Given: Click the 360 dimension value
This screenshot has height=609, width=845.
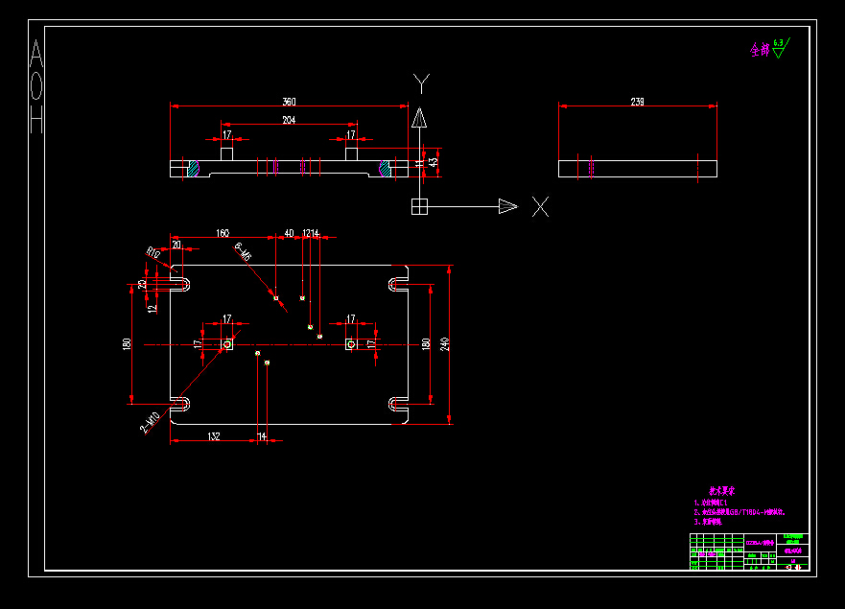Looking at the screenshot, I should (x=289, y=101).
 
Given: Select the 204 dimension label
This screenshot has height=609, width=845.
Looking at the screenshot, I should (x=288, y=120).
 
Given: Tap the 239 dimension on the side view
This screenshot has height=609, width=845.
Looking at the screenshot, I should (x=637, y=101).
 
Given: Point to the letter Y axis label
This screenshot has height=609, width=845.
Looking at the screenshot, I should (x=420, y=82).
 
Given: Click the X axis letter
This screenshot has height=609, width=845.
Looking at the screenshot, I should (x=541, y=205).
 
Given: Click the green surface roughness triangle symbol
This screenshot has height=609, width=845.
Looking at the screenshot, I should (x=778, y=50).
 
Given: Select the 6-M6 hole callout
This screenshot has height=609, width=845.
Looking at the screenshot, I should (x=243, y=251).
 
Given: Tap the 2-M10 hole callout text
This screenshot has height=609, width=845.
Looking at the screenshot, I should (x=151, y=423).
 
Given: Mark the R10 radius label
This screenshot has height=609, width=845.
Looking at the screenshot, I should (x=153, y=251).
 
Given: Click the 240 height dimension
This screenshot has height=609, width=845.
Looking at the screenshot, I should (x=444, y=343).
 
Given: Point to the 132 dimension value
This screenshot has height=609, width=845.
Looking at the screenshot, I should (x=214, y=436).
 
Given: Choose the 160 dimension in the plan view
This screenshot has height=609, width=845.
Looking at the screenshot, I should (x=223, y=233).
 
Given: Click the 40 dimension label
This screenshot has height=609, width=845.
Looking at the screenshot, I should (x=289, y=233).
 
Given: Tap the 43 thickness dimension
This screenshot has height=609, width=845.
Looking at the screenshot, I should (x=434, y=163).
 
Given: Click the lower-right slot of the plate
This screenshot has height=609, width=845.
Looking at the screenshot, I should (x=397, y=403).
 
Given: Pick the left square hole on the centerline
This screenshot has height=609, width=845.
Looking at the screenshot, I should (x=227, y=343).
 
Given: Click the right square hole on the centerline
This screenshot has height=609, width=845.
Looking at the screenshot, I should (x=351, y=343).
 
